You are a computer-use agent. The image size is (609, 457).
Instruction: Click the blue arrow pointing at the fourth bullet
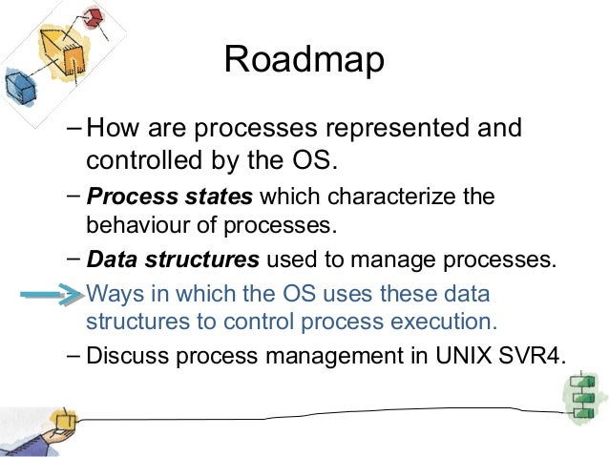point(50,297)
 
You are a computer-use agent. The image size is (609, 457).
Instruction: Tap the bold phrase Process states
point(169,198)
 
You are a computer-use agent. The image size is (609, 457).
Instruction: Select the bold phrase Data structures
point(173,259)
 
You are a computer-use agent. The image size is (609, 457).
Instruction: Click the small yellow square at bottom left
point(64,420)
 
